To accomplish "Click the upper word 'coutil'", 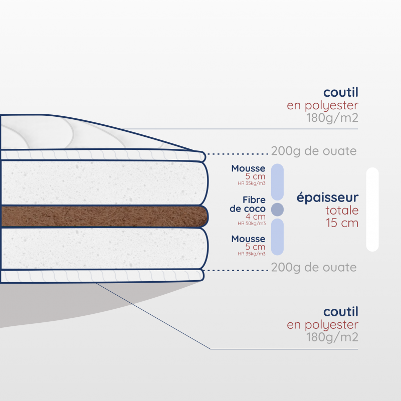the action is tap(341, 92).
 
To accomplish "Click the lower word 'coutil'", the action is tap(341, 312).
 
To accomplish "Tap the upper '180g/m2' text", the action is tap(332, 118).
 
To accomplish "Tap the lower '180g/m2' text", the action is tap(332, 337).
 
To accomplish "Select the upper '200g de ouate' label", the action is tap(314, 151).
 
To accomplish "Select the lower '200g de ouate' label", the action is tap(314, 268).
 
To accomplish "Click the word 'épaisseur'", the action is tap(328, 197).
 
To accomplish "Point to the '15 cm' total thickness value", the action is tap(342, 223).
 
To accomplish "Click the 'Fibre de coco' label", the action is tap(248, 204).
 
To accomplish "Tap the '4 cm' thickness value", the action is tap(256, 217).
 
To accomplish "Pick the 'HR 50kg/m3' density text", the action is tap(252, 224).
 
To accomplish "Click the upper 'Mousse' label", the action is tap(248, 168).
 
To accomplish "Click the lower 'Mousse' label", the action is tap(248, 239).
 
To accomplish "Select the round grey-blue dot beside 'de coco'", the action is tap(278, 210).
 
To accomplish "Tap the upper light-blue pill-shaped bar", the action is tap(278, 182).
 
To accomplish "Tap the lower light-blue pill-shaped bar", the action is tap(278, 237).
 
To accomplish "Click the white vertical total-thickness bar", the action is tap(372, 210).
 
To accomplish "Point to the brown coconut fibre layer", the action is tap(104, 217).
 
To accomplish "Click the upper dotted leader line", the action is tap(238, 154).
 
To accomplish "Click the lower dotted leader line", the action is tap(235, 270).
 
